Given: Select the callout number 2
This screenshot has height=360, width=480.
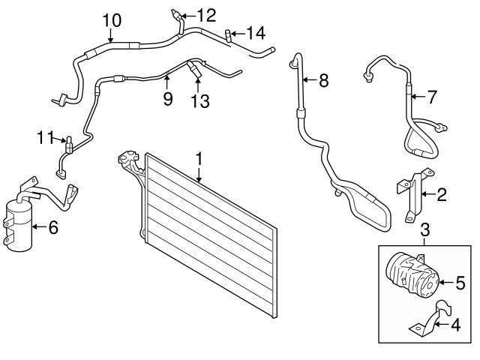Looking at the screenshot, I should coord(442,196).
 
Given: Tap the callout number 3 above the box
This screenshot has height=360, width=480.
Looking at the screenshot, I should coord(424,229).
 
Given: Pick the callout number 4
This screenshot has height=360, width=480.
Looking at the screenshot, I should coord(454,325).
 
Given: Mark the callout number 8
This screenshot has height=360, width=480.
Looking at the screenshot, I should coord(323,80).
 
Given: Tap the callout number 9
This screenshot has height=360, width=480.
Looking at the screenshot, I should coord(167,97).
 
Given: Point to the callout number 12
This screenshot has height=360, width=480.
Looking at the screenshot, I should coord(206,13).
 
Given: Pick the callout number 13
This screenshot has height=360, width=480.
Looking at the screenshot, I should coord(199,100).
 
